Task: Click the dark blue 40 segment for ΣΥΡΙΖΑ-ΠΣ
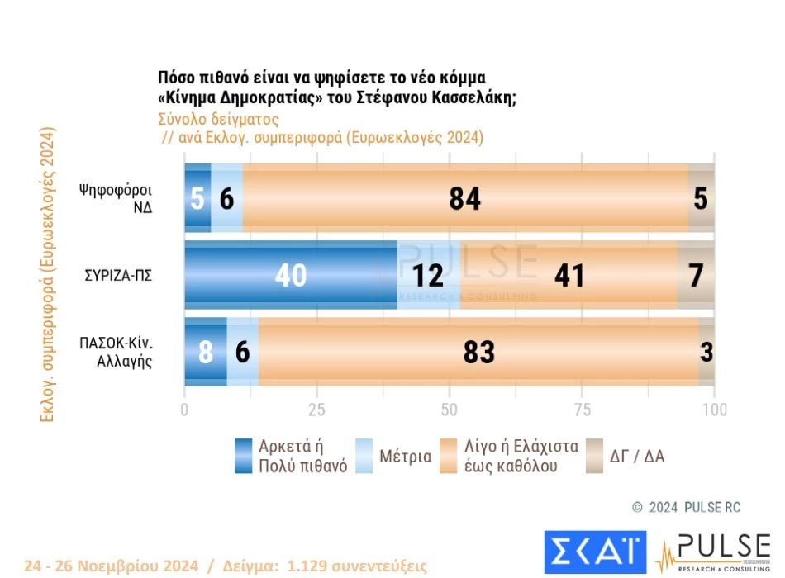coord(290,275)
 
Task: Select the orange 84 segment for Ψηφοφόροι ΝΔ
coord(465,198)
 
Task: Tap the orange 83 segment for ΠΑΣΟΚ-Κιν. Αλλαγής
coord(478,352)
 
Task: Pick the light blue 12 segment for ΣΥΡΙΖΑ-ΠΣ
coord(428,275)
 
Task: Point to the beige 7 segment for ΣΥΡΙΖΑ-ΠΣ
coord(696,275)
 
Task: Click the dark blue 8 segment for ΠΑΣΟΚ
coord(205,352)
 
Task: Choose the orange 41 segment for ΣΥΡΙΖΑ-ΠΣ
coord(568,275)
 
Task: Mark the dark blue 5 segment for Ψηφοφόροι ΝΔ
coord(197,198)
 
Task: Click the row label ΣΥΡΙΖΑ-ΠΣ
coord(119,275)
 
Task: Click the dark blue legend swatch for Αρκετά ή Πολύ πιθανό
coord(243,456)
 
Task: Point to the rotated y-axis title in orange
coord(47,275)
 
